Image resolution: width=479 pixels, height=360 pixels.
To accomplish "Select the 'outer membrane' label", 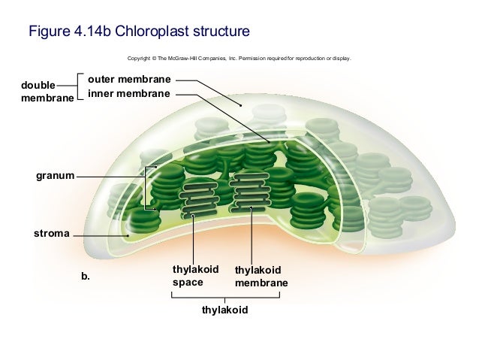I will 130,79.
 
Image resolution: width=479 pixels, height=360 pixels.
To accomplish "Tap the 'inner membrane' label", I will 129,94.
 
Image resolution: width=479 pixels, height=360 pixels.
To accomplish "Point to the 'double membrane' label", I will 47,92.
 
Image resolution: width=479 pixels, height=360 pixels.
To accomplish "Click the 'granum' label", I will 55,176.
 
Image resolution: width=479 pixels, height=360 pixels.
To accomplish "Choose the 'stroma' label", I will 51,234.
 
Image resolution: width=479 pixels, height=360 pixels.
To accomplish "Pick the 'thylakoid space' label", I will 195,276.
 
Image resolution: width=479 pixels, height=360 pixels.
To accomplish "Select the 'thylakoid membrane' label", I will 261,277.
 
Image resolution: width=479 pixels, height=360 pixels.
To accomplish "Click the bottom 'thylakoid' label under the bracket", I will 224,310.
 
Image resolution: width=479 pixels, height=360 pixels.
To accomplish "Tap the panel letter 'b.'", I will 86,276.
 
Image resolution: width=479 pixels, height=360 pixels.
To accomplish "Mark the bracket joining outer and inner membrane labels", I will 79,86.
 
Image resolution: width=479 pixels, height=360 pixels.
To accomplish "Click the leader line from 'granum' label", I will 109,176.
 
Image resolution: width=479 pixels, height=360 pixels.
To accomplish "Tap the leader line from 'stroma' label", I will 98,234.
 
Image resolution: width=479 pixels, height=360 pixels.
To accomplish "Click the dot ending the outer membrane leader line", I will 240,106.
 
